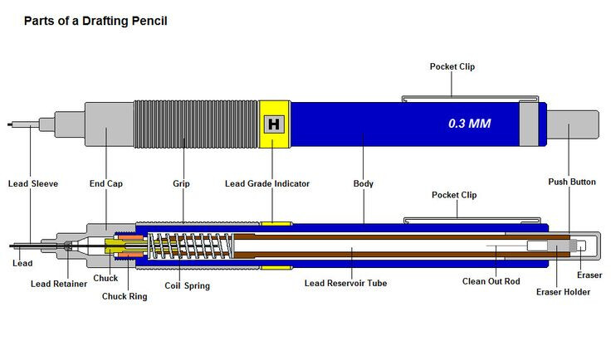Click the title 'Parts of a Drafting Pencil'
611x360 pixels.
[x=95, y=21]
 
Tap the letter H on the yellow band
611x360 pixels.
[x=274, y=124]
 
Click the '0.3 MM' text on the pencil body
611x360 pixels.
[x=469, y=124]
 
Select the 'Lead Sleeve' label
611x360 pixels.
[x=33, y=183]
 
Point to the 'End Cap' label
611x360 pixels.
[x=106, y=183]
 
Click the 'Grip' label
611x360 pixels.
[x=181, y=183]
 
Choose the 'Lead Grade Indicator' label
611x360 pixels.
[x=267, y=183]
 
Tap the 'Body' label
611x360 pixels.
[x=363, y=183]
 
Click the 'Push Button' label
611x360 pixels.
[x=572, y=182]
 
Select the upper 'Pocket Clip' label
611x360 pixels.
[x=452, y=66]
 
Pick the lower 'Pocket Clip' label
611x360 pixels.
[x=454, y=195]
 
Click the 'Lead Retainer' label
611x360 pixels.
[x=59, y=285]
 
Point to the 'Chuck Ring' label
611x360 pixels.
[x=125, y=297]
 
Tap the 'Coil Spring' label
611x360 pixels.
[x=188, y=286]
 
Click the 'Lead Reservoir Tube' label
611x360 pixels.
[x=346, y=284]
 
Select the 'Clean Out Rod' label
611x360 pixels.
[x=491, y=281]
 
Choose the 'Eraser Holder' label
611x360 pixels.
[x=563, y=292]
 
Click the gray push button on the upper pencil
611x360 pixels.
[x=573, y=124]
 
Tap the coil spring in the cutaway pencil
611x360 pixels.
[x=191, y=246]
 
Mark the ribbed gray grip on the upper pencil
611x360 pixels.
[x=196, y=124]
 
